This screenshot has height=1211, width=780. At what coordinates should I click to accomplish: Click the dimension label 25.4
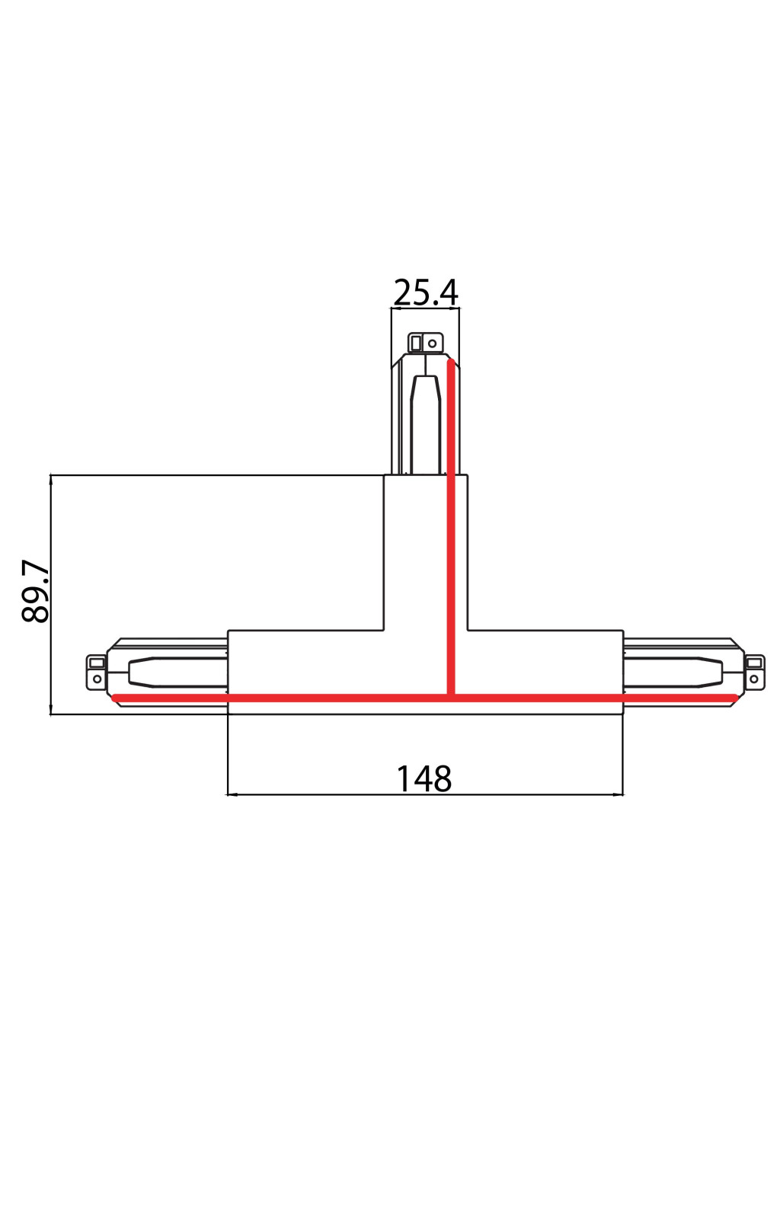[x=425, y=292]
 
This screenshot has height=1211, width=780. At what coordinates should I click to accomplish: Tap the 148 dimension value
[x=424, y=778]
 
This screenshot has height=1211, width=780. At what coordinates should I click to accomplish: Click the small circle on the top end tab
[x=432, y=343]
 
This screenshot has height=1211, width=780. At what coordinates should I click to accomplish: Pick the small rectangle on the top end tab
[x=416, y=343]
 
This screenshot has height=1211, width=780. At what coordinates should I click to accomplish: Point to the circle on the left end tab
[x=97, y=678]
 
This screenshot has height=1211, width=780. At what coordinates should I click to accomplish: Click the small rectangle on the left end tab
[x=97, y=663]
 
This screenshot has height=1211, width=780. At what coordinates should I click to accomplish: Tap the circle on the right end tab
[x=755, y=678]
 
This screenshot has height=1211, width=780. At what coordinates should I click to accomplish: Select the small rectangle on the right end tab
[x=755, y=663]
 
